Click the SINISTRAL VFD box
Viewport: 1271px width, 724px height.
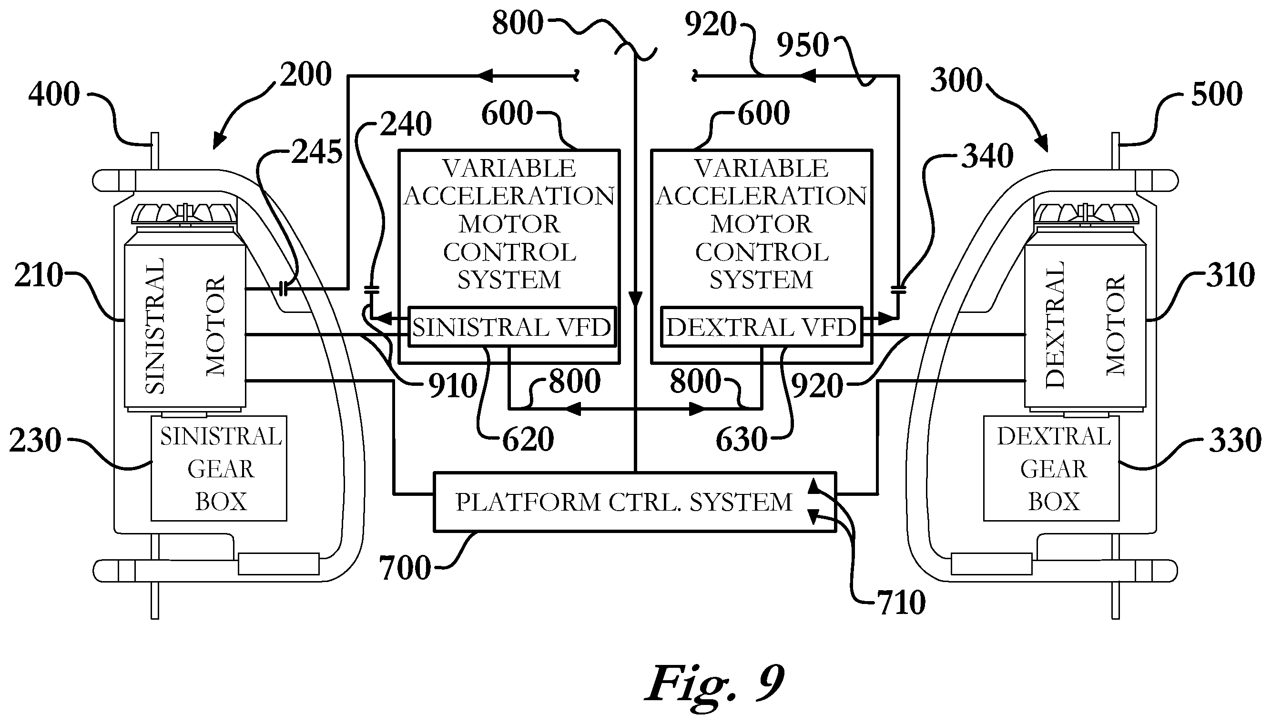(512, 327)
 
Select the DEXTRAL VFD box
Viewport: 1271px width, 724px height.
(762, 327)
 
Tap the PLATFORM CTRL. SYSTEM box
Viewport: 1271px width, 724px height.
(635, 502)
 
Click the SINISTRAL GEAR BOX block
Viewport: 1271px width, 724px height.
(219, 468)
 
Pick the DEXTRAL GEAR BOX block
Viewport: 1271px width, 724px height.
(1051, 468)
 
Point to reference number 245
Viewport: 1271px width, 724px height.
(317, 151)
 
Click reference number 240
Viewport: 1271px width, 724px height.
(406, 124)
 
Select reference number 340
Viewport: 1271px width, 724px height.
(987, 156)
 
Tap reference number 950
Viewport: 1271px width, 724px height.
(803, 45)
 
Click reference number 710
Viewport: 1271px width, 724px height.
(901, 603)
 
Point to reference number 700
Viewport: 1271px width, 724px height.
(405, 568)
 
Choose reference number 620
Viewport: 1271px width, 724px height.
(528, 440)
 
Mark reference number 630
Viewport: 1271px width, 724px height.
(741, 440)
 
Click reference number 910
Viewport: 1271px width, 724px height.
(453, 386)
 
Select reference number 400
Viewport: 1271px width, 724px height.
(54, 94)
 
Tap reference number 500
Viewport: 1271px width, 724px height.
(1217, 94)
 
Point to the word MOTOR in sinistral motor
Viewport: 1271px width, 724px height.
(216, 326)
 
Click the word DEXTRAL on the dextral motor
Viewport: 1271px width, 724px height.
(1054, 325)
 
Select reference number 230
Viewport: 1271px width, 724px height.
(35, 440)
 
